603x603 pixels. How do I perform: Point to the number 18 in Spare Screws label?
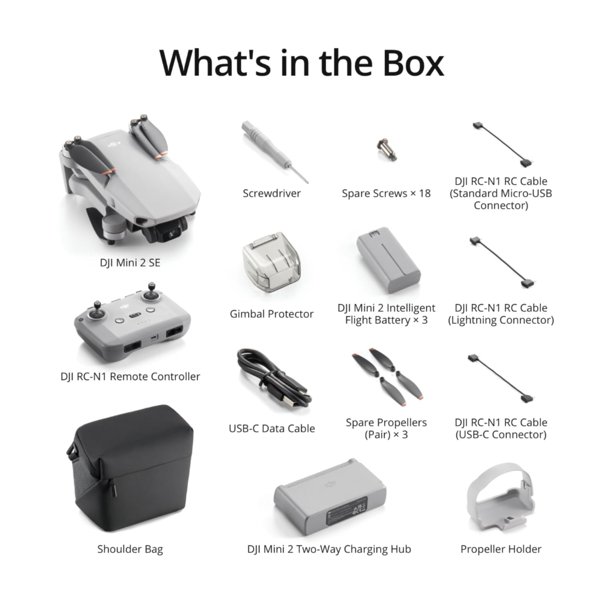tap(424, 194)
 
